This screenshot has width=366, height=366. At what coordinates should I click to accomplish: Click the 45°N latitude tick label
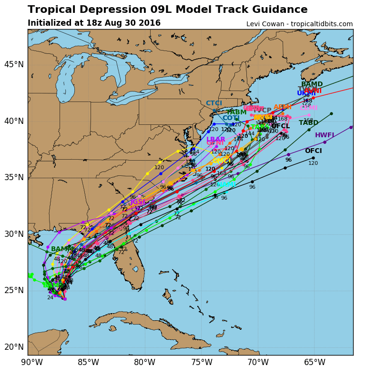(x=14, y=64)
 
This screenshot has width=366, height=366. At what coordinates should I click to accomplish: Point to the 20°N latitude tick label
(x=14, y=346)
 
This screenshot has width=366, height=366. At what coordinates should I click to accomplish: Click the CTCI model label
(x=214, y=103)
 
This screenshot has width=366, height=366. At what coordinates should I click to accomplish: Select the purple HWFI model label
(x=325, y=135)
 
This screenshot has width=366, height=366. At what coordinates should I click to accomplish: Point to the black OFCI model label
(x=313, y=151)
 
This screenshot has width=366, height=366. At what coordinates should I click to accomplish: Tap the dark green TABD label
(x=308, y=123)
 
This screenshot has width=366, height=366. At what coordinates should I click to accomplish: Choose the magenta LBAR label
(x=216, y=140)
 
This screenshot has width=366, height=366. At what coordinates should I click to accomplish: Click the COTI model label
(x=231, y=118)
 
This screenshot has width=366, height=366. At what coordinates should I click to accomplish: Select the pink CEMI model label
(x=309, y=108)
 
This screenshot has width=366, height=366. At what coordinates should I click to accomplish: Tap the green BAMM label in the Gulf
(x=61, y=249)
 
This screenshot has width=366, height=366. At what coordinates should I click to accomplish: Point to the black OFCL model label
(x=280, y=126)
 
